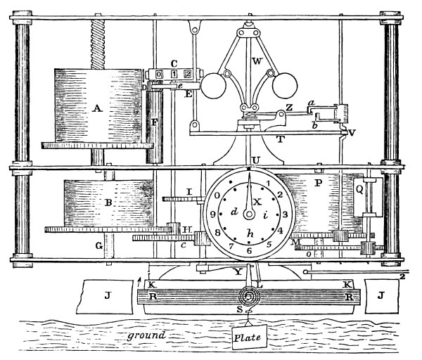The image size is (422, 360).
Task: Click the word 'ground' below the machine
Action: [x=147, y=335]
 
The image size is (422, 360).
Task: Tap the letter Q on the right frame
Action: [x=359, y=188]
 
